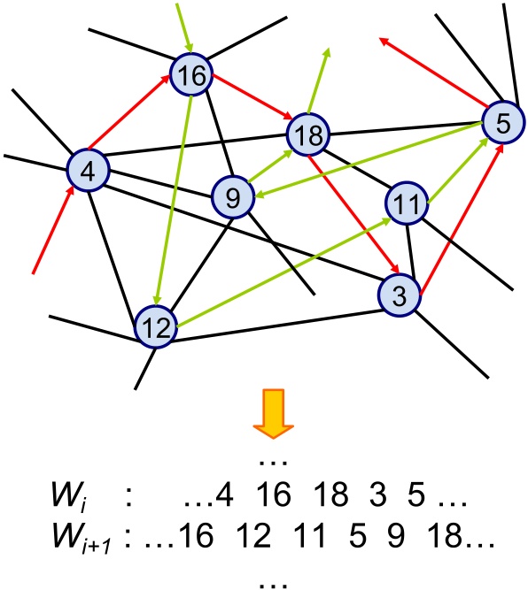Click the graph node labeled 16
point(190,77)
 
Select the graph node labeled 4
point(89,170)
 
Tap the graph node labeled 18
point(308,134)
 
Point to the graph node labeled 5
point(502,125)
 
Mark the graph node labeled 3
point(400,296)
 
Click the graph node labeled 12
point(158,328)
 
